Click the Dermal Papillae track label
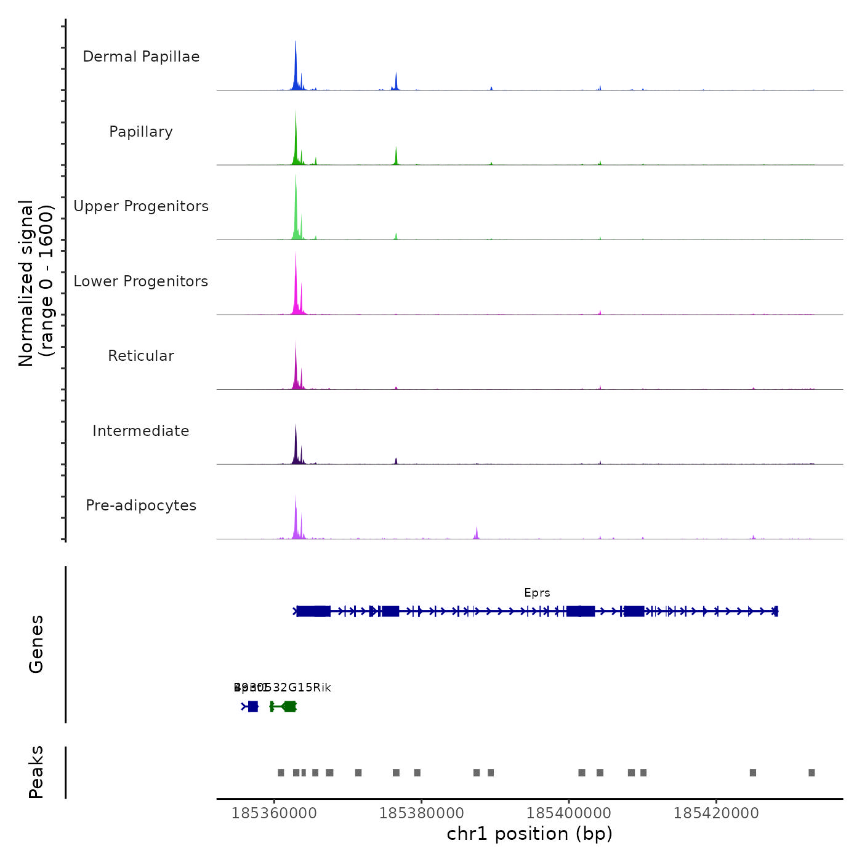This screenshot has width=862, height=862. point(141,57)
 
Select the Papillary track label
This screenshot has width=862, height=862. point(141,132)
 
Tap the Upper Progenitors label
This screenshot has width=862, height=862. point(141,206)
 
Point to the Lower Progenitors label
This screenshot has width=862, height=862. point(141,281)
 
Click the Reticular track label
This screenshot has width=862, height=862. point(141,356)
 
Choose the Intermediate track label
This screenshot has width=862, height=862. point(141,431)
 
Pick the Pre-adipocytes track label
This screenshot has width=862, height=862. point(141,506)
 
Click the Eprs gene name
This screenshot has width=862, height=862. point(537,593)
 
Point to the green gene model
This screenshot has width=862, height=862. point(284,706)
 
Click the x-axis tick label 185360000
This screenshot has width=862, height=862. point(274,813)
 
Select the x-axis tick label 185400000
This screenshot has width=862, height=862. point(569,813)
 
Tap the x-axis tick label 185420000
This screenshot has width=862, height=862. point(716,813)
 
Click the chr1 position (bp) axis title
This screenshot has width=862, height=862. point(530,834)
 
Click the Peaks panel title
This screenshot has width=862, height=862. point(36,772)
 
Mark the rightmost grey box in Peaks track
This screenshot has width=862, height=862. point(812,773)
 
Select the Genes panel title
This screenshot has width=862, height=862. point(36,644)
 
